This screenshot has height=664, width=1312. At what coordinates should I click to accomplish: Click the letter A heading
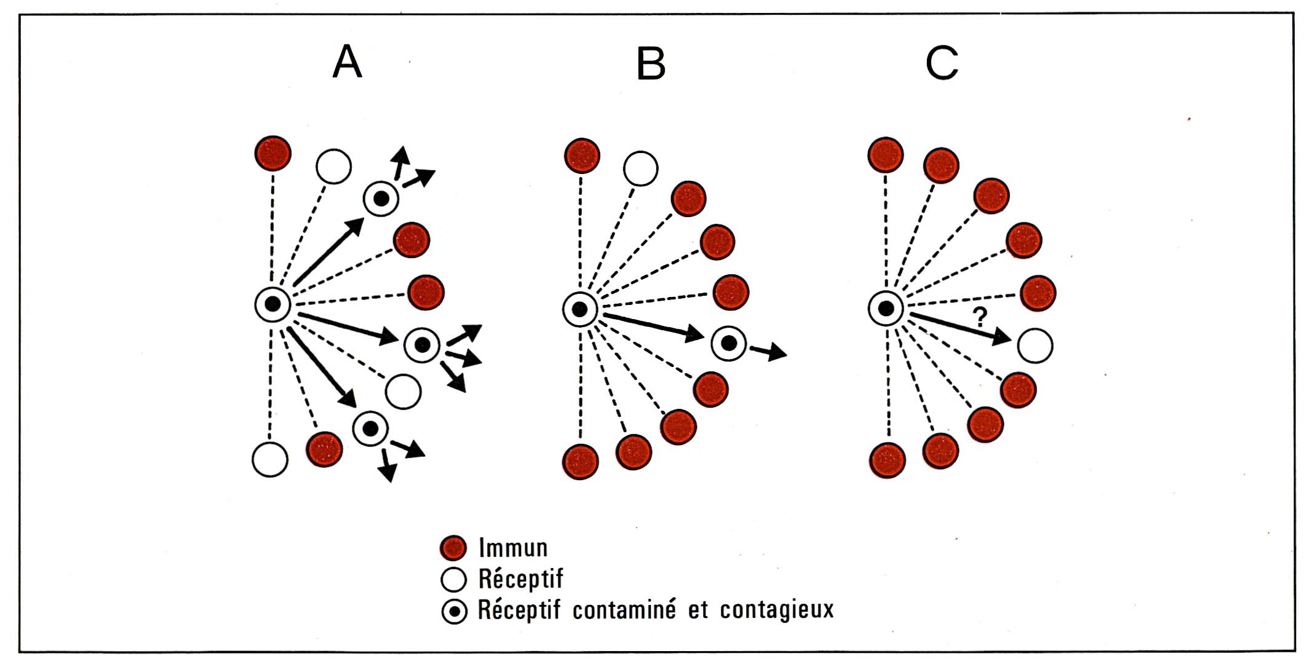pyautogui.click(x=347, y=62)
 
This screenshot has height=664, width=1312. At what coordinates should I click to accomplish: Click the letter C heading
pyautogui.click(x=942, y=63)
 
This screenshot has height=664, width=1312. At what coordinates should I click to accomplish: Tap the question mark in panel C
pyautogui.click(x=980, y=317)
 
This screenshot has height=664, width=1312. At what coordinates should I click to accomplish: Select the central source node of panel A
pyautogui.click(x=273, y=304)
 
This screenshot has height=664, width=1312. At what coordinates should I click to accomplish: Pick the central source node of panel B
pyautogui.click(x=580, y=309)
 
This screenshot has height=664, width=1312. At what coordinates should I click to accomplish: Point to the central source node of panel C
pyautogui.click(x=886, y=308)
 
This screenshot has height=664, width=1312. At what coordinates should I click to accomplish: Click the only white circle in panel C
pyautogui.click(x=1035, y=346)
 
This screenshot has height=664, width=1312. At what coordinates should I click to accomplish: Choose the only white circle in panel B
pyautogui.click(x=640, y=168)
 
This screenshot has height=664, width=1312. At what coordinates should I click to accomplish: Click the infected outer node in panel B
pyautogui.click(x=729, y=343)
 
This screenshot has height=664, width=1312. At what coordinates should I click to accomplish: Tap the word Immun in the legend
pyautogui.click(x=513, y=548)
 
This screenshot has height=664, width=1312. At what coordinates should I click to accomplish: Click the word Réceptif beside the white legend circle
pyautogui.click(x=520, y=579)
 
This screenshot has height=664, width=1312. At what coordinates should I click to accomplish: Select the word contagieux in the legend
pyautogui.click(x=777, y=610)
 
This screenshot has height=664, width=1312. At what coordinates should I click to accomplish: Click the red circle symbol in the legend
pyautogui.click(x=454, y=547)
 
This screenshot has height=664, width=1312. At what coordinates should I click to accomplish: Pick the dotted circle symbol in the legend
pyautogui.click(x=455, y=612)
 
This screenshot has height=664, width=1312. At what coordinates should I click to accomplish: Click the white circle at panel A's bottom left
pyautogui.click(x=270, y=459)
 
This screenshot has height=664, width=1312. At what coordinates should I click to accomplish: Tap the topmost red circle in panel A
pyautogui.click(x=272, y=153)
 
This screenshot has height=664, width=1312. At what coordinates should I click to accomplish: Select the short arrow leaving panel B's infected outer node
pyautogui.click(x=768, y=351)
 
